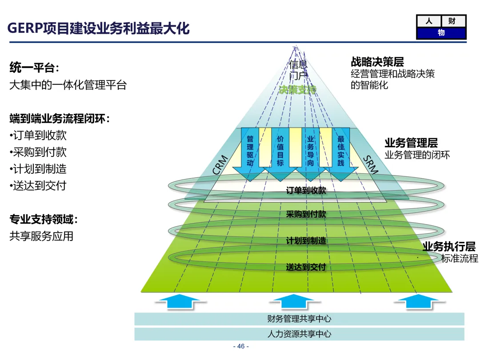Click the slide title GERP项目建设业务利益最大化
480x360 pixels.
click(99, 28)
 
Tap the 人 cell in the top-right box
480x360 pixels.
click(428, 21)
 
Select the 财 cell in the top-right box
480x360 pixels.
click(453, 21)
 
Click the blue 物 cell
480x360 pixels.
click(441, 33)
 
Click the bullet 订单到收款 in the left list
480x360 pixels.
click(38, 135)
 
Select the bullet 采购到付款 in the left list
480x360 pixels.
click(38, 152)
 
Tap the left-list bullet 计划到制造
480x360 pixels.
click(38, 169)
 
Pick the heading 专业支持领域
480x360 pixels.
click(44, 219)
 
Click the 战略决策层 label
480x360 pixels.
click(377, 62)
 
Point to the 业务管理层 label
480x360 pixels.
click(411, 143)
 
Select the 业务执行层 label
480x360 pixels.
click(448, 247)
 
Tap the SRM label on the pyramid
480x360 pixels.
click(371, 165)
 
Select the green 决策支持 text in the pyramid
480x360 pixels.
click(298, 89)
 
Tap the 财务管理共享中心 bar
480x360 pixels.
click(299, 319)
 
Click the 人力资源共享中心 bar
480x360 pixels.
click(299, 334)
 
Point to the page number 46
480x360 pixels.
click(240, 347)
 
